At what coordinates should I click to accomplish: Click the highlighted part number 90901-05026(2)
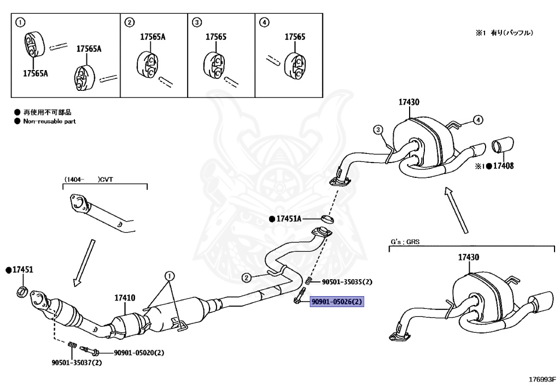click(x=337, y=302)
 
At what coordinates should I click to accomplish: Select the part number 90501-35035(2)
click(x=347, y=282)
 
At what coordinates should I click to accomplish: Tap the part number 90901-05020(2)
click(x=139, y=353)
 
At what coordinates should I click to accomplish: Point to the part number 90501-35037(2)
click(x=77, y=363)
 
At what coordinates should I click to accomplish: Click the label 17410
click(x=125, y=297)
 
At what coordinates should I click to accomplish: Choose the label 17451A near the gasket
click(x=289, y=218)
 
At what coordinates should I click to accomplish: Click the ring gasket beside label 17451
click(x=22, y=291)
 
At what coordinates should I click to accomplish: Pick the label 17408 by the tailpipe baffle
click(x=503, y=166)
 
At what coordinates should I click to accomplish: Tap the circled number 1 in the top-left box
click(x=20, y=22)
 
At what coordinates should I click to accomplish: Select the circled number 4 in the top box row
click(x=264, y=22)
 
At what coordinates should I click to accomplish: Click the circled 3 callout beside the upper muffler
click(x=378, y=129)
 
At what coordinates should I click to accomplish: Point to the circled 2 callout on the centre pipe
click(x=247, y=278)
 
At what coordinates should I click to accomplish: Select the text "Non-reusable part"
click(x=50, y=121)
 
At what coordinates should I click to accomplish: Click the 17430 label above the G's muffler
click(x=469, y=257)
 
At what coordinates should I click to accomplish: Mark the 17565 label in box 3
click(x=216, y=37)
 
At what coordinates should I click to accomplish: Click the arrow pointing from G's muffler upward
click(x=456, y=210)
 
